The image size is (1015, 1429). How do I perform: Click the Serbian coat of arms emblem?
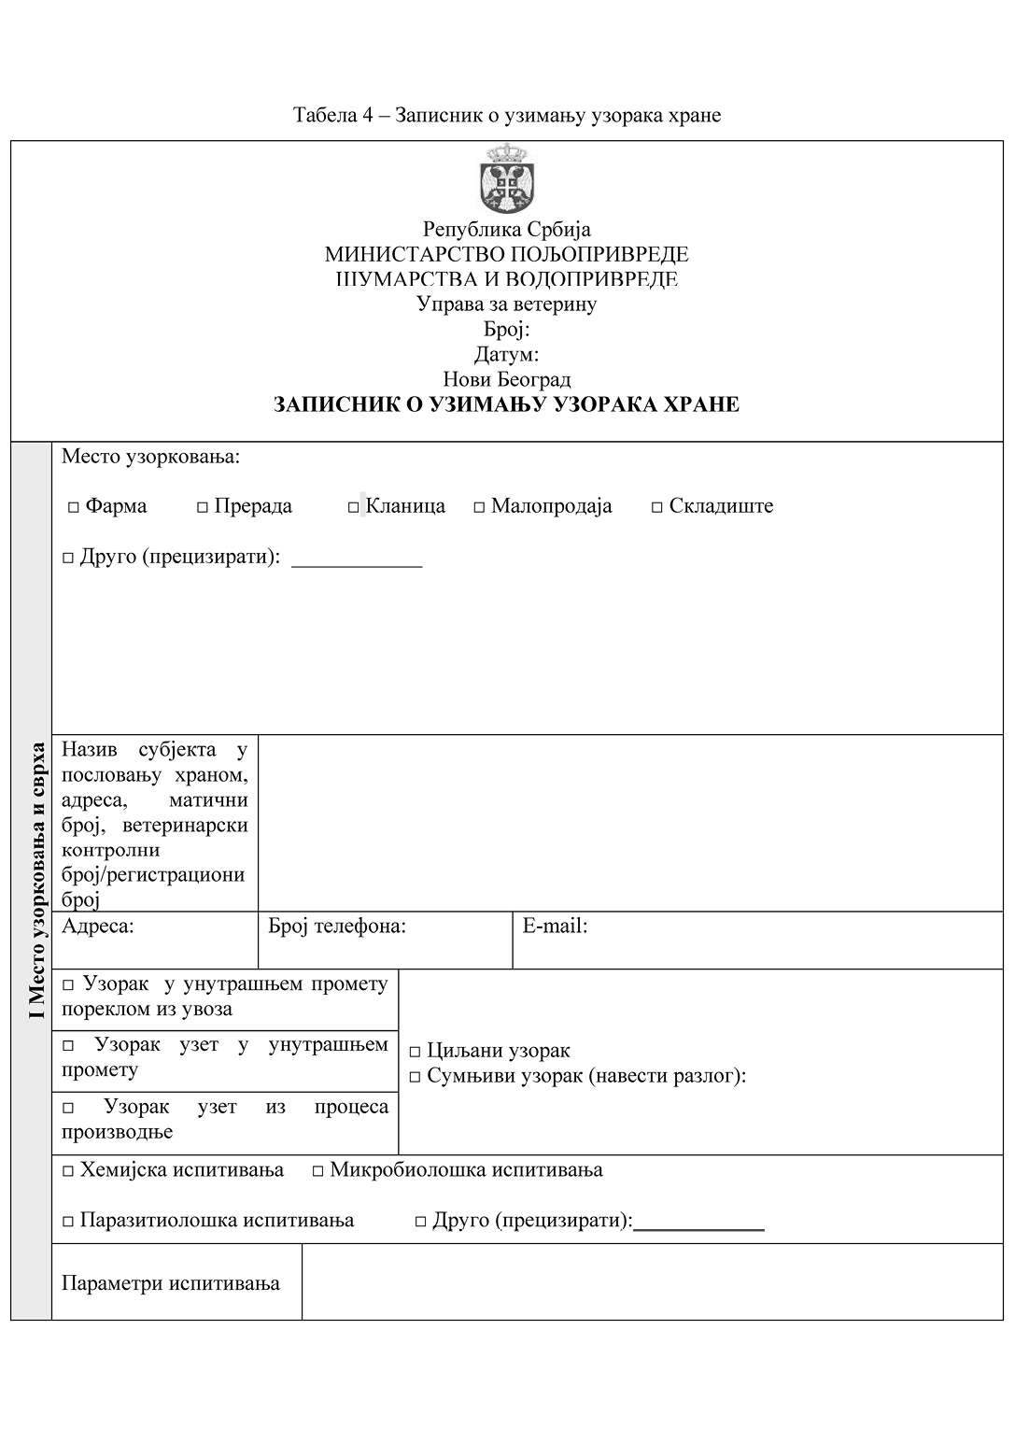click(507, 178)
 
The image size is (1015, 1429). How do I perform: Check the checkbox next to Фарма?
click(73, 507)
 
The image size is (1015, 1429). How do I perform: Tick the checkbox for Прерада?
click(202, 507)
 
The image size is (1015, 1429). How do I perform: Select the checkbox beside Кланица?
click(354, 507)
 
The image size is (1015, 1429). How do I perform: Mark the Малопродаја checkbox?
click(479, 507)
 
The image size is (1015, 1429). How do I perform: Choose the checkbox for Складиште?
click(657, 507)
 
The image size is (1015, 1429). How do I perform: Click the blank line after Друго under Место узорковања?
click(357, 560)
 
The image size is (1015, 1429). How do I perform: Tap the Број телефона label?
click(337, 927)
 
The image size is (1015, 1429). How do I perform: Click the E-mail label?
click(555, 927)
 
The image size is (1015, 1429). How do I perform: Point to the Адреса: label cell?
click(98, 927)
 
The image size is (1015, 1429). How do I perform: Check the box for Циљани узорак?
click(415, 1052)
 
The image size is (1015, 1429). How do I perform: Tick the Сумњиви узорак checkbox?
click(415, 1077)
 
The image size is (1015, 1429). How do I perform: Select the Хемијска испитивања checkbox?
click(68, 1171)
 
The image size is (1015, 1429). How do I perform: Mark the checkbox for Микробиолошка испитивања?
click(317, 1171)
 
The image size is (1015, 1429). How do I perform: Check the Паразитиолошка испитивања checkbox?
click(68, 1222)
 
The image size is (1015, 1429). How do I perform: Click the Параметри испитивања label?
click(171, 1283)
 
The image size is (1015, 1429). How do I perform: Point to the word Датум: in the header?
click(506, 355)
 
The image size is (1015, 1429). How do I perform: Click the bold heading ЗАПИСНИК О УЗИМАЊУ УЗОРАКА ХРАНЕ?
click(506, 405)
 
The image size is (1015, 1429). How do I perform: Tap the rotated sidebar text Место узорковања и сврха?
click(36, 881)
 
